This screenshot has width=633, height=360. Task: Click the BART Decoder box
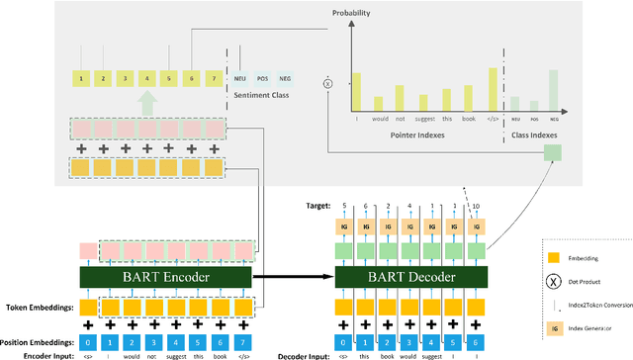click(413, 278)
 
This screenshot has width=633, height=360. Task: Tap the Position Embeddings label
click(39, 342)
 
